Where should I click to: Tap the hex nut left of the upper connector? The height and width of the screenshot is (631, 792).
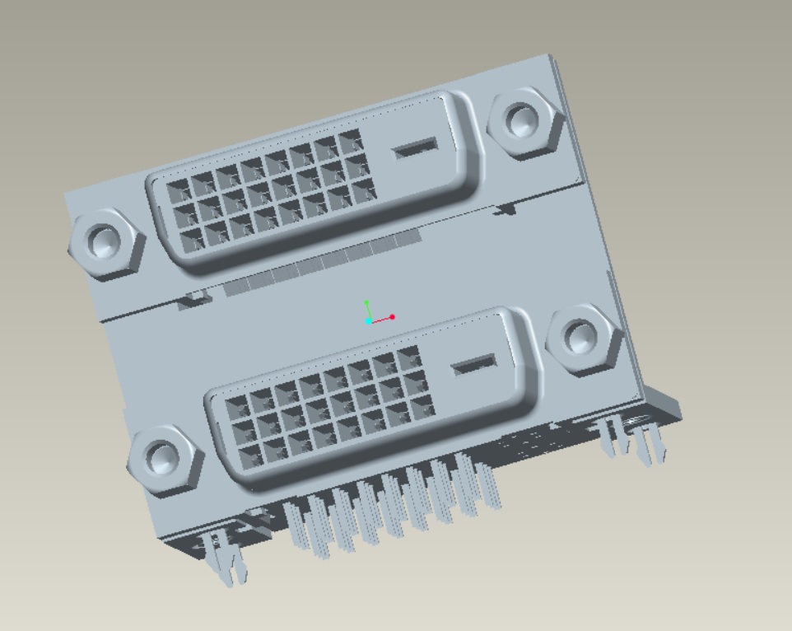click(105, 241)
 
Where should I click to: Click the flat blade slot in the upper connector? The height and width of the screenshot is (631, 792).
click(416, 149)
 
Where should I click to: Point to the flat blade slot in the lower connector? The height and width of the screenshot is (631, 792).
click(473, 365)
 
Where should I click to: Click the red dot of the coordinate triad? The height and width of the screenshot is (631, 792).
click(393, 316)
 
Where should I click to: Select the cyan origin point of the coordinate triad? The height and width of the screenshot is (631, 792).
click(369, 321)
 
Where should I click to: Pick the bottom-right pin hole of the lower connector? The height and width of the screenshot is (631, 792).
click(422, 404)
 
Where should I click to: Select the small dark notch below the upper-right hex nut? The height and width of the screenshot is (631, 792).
click(505, 210)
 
